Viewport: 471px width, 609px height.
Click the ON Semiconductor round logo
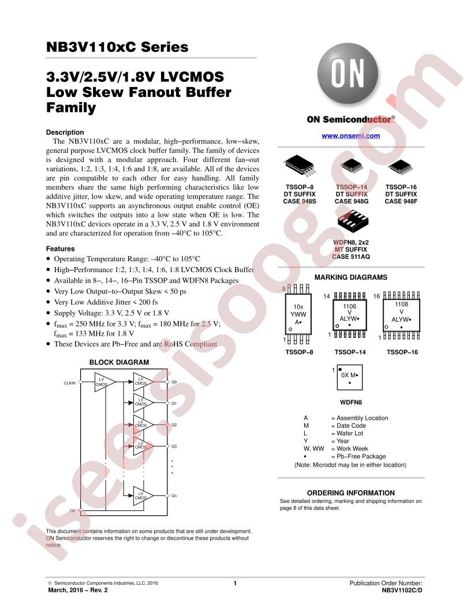347,74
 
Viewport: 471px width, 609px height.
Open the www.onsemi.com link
350,136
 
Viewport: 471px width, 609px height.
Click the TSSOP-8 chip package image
300,165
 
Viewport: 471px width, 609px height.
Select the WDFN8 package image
353,222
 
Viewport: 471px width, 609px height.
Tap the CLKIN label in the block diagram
70,383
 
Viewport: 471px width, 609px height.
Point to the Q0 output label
174,382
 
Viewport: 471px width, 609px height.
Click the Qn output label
174,495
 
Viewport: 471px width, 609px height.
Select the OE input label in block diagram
73,511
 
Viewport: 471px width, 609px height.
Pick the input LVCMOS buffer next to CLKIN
104,382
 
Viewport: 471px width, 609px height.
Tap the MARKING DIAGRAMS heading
351,277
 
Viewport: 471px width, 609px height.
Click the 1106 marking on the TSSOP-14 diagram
349,306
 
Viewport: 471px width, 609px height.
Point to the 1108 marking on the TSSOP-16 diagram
401,304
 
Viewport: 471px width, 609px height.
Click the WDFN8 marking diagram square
350,378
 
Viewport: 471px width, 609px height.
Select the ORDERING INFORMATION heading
351,493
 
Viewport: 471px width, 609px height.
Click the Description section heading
65,133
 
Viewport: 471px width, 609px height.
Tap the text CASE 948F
401,201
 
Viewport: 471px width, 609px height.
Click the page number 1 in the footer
235,583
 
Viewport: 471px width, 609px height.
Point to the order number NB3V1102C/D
402,591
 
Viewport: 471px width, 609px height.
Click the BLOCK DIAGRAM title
119,362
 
